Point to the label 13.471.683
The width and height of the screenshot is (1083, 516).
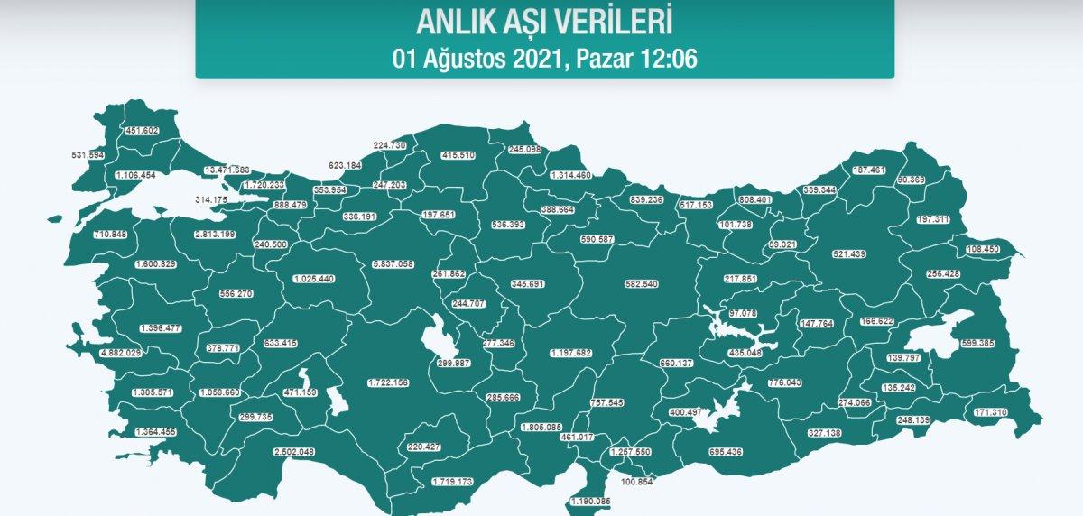coord(227,170)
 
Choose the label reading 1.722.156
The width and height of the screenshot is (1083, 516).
coord(388,383)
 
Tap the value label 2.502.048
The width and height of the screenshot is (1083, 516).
coord(293,452)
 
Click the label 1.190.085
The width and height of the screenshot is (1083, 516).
coord(590,502)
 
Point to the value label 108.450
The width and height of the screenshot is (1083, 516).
coord(981,249)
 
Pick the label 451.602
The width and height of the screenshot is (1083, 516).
coord(142,131)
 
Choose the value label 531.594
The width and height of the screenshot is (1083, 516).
coord(88,156)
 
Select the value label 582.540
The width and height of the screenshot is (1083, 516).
coord(642,284)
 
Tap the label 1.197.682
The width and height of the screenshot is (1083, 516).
coord(570,353)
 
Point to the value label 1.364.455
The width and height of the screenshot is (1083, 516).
coord(155,432)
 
